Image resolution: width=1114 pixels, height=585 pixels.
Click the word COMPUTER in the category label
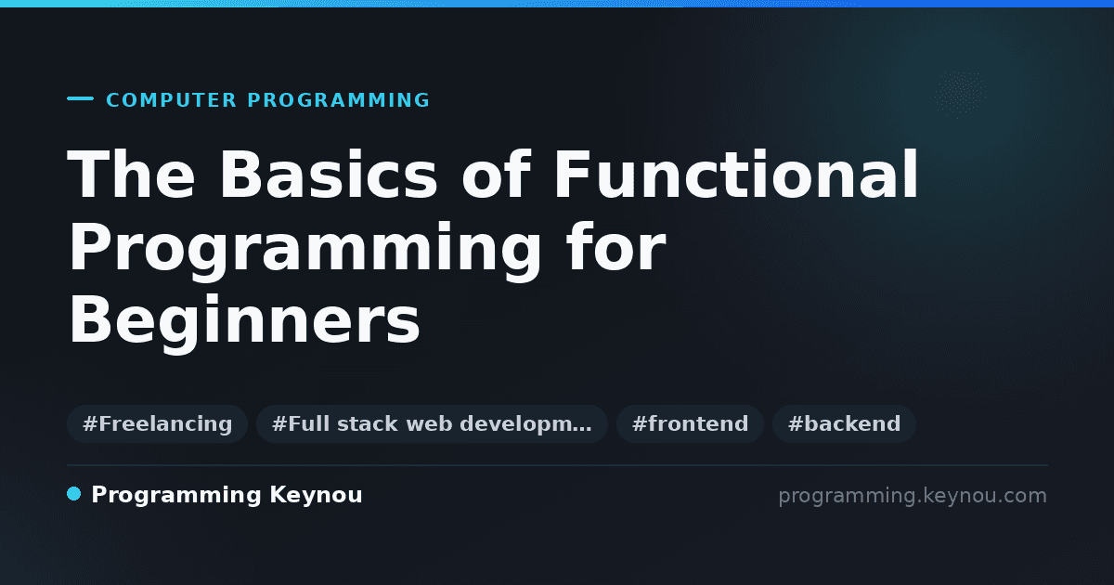(x=171, y=100)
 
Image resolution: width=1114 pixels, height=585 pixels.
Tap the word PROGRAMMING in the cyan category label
(x=338, y=100)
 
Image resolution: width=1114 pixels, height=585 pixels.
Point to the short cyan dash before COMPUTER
(x=80, y=98)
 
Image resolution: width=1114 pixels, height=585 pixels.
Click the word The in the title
(x=131, y=175)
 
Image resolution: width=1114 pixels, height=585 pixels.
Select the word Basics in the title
(x=329, y=175)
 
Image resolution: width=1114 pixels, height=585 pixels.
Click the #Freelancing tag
(x=157, y=423)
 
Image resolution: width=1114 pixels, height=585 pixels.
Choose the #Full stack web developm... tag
(x=432, y=423)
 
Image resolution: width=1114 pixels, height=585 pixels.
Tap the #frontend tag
(x=690, y=423)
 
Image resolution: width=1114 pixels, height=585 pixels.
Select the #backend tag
(x=844, y=423)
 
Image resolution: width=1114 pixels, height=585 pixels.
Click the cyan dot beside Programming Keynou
(x=73, y=494)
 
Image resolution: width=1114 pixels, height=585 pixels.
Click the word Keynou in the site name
(x=316, y=496)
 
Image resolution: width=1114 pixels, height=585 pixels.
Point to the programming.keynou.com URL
(x=913, y=496)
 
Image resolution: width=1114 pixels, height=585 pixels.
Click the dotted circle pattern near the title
(x=960, y=95)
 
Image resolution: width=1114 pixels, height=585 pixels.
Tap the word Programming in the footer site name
(x=176, y=496)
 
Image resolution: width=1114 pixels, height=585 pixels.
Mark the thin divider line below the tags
(x=557, y=465)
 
